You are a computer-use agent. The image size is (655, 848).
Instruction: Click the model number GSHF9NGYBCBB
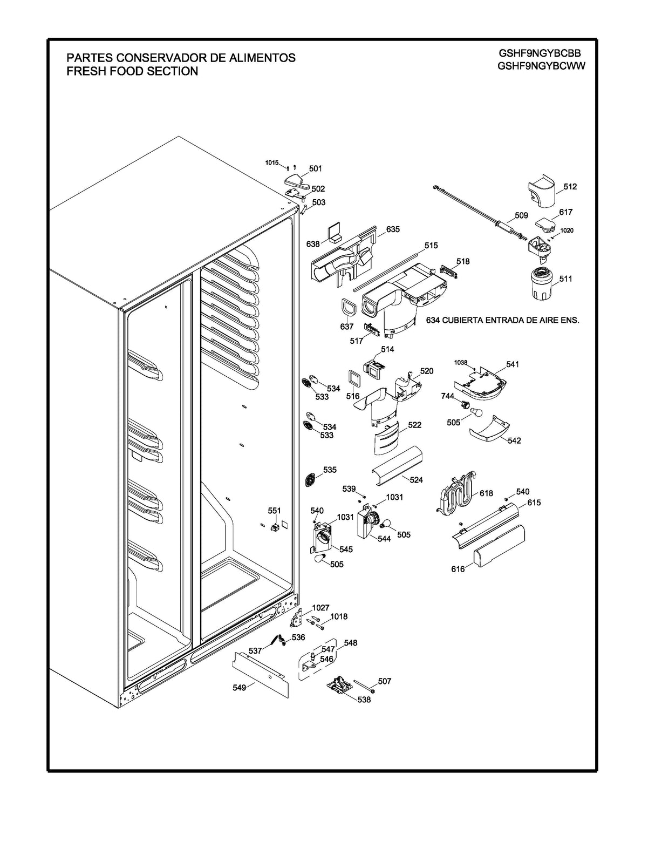[541, 53]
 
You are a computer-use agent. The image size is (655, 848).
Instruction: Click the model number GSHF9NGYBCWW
[541, 66]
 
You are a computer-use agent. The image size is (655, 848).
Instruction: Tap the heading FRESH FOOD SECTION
[132, 71]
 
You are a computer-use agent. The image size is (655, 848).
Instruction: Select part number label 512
[570, 187]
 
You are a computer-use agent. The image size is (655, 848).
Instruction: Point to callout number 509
[521, 215]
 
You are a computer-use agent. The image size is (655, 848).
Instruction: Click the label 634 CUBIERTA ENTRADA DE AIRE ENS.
[502, 320]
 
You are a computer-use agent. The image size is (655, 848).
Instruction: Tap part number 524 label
[416, 480]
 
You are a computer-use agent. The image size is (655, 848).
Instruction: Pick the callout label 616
[458, 569]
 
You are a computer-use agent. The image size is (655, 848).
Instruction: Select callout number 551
[275, 511]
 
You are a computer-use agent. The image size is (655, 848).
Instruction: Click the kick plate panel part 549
[261, 673]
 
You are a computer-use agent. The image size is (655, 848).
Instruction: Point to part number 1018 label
[339, 616]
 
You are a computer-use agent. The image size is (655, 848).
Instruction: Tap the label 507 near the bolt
[384, 681]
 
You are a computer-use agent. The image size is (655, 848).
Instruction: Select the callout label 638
[313, 244]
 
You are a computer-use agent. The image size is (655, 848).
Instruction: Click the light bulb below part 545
[321, 559]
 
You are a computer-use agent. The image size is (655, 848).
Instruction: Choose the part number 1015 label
[271, 162]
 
